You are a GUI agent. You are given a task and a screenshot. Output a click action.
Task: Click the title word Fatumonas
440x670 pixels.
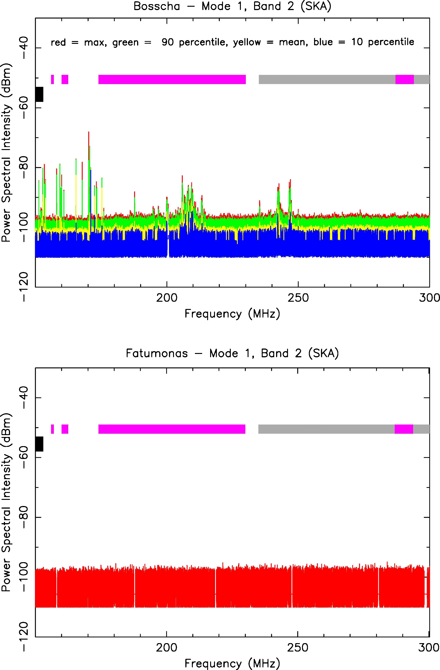click(157, 353)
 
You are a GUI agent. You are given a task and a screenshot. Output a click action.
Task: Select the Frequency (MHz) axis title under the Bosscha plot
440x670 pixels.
click(232, 314)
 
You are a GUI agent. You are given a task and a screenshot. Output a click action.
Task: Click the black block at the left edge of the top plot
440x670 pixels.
click(39, 94)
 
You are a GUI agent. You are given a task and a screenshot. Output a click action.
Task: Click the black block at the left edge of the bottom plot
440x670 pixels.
click(39, 444)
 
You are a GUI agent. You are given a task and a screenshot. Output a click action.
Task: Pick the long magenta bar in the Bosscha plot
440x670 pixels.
click(172, 79)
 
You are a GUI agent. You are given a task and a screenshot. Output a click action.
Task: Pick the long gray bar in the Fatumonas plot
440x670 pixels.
click(326, 429)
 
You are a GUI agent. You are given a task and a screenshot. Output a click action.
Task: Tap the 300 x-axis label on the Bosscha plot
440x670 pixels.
click(429, 298)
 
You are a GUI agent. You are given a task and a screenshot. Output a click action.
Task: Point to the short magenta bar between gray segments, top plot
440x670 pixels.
click(404, 79)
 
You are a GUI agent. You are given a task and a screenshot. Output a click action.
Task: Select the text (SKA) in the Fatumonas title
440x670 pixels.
click(323, 353)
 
